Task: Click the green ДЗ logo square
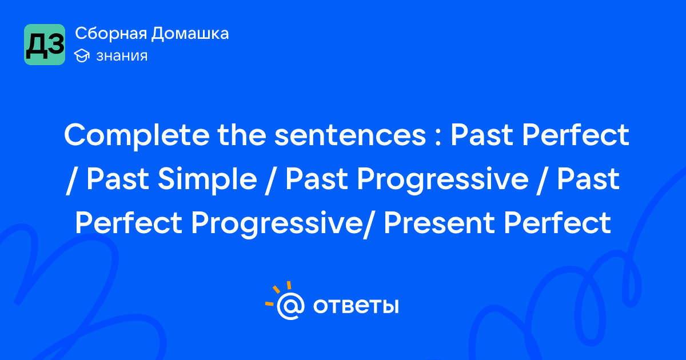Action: [45, 45]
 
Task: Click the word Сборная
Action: [111, 33]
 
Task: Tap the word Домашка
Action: [190, 33]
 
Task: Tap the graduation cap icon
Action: [82, 56]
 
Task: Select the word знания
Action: [122, 56]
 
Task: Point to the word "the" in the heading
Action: [242, 135]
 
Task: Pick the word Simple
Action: [208, 179]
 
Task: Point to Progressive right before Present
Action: [277, 224]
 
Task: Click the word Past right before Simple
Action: [118, 179]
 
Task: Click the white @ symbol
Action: [290, 306]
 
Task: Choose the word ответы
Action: [356, 306]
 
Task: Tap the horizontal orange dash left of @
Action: [269, 303]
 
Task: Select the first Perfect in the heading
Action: [576, 135]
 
